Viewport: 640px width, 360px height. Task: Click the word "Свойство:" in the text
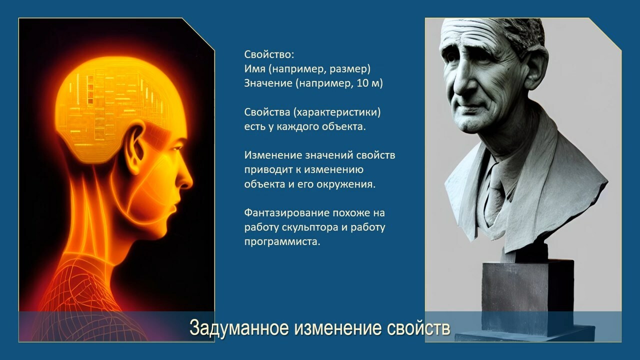coord(269,54)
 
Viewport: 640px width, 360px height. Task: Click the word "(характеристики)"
coord(337,112)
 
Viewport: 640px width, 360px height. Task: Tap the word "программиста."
coord(282,241)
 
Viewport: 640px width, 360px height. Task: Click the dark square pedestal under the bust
coord(527,297)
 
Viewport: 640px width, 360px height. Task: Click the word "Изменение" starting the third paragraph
coord(273,155)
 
